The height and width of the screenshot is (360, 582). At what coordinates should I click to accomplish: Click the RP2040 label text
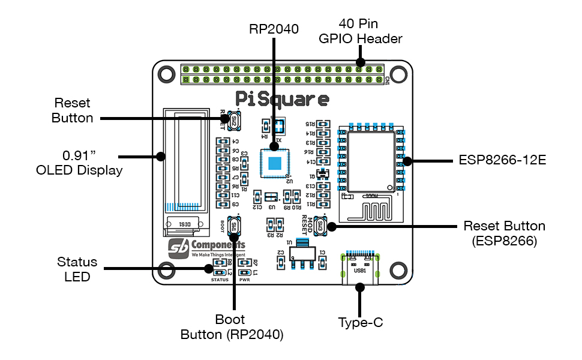[274, 29]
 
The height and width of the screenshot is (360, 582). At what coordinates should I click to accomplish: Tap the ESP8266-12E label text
[502, 161]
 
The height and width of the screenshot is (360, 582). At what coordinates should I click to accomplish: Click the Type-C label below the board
[360, 322]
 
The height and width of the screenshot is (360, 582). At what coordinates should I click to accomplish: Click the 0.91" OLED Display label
[79, 162]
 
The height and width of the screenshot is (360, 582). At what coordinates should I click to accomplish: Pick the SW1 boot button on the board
[233, 226]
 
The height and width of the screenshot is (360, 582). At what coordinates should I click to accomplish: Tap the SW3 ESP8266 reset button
[320, 226]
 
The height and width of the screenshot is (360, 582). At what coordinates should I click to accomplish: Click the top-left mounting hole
[164, 73]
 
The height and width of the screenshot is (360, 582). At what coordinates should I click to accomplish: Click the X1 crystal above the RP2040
[278, 125]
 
